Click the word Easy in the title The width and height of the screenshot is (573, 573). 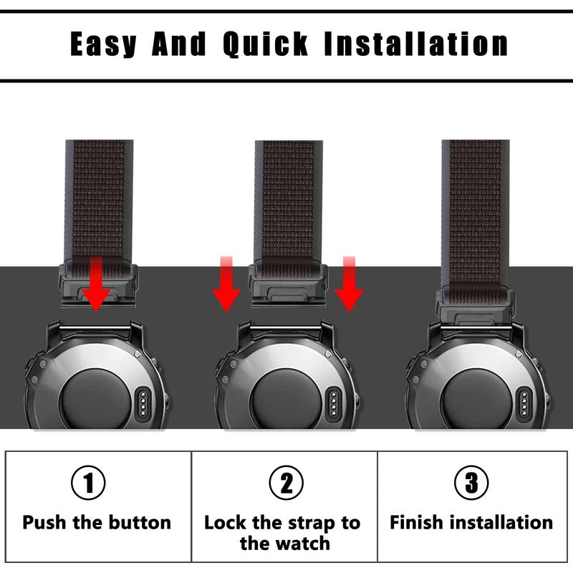click(103, 44)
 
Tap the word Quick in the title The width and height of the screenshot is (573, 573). click(266, 44)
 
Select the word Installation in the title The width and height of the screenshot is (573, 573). click(416, 44)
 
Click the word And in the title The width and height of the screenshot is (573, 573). click(179, 44)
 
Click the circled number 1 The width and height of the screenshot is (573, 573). click(88, 483)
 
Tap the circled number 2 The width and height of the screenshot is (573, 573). click(286, 483)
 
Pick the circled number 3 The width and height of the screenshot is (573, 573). click(471, 483)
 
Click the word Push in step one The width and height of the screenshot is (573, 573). click(44, 523)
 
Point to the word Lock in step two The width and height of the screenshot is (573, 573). click(225, 523)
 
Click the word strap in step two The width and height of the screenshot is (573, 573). click(308, 524)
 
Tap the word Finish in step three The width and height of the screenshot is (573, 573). click(416, 522)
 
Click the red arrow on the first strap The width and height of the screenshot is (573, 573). click(96, 284)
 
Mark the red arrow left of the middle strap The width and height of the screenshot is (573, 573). click(226, 284)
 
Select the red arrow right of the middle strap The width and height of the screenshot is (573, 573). click(350, 284)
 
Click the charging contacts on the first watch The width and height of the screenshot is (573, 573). click(143, 403)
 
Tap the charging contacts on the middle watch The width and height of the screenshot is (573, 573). click(333, 403)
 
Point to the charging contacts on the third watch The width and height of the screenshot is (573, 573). click(524, 403)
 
